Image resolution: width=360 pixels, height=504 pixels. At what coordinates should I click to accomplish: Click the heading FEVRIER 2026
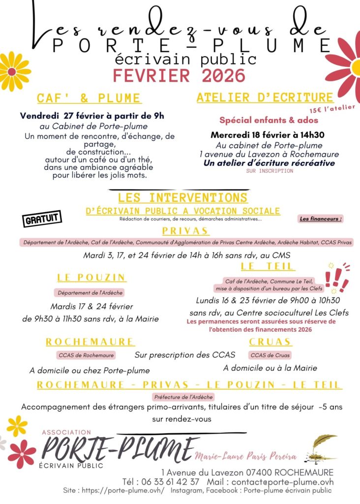pos(179,76)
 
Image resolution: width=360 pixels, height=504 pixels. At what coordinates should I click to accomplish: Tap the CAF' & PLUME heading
pos(89,98)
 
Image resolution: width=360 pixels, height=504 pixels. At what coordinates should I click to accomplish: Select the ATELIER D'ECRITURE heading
pos(265,97)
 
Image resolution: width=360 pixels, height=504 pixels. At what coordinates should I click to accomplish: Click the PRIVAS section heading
pos(185,231)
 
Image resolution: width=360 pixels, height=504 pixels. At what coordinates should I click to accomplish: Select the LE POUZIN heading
pos(91,278)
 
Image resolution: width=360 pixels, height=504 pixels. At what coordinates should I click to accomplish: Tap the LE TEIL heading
pos(268,266)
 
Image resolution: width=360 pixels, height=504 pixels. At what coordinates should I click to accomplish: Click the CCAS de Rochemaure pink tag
pos(86,355)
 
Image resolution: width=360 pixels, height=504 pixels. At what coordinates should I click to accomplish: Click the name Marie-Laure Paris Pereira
pos(246,456)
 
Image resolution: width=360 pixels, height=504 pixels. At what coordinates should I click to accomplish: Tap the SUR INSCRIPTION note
pos(270,171)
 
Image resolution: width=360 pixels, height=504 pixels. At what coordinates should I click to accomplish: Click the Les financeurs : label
pos(321,219)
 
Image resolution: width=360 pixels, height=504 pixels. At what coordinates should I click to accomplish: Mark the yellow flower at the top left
pos(12,71)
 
